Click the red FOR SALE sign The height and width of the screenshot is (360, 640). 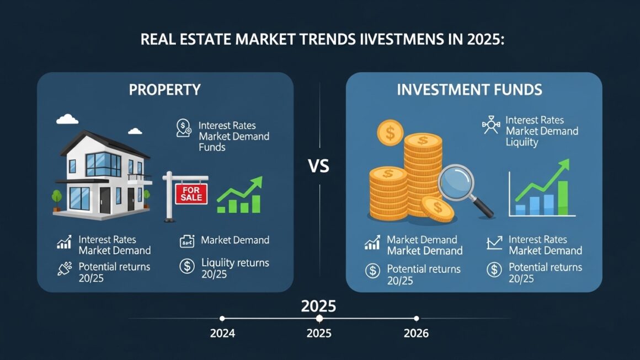click(191, 194)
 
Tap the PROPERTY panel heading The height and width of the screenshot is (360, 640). click(164, 89)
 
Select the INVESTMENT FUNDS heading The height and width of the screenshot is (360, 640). click(469, 90)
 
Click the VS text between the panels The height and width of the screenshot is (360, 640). click(319, 165)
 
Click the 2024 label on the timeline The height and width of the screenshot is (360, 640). click(222, 334)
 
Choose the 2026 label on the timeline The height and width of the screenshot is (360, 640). click(416, 334)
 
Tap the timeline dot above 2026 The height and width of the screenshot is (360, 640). click(416, 318)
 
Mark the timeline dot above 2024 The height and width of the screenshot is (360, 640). click(222, 318)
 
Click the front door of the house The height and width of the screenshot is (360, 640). click(105, 200)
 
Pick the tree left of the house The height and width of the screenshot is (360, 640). click(56, 197)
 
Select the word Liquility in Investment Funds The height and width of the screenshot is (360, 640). click(521, 142)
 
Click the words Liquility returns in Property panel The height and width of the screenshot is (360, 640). click(235, 262)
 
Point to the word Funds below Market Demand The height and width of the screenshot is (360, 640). click(212, 147)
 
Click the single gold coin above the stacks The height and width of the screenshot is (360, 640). click(390, 133)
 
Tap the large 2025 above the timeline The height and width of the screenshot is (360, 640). click(318, 305)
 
